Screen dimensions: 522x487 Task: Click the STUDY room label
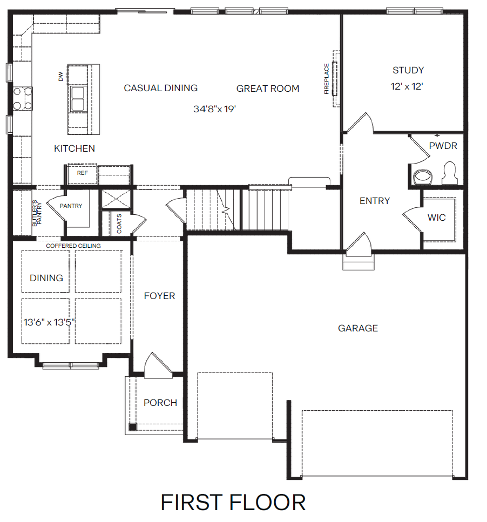[408, 70]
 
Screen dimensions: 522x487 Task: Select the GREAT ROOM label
[268, 89]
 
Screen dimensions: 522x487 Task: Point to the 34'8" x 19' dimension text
[215, 109]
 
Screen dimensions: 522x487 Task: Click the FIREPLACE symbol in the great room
[335, 78]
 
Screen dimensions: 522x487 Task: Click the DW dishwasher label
[61, 77]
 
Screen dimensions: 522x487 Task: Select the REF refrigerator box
[82, 174]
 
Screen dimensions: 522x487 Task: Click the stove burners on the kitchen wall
[22, 98]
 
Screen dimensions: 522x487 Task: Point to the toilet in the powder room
[449, 173]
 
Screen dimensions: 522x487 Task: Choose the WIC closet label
[436, 218]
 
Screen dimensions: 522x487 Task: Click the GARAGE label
[358, 328]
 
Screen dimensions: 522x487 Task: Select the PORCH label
[160, 403]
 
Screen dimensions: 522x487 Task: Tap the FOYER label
[159, 296]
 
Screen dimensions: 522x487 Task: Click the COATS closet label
[119, 224]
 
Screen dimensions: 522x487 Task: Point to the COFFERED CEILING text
[73, 246]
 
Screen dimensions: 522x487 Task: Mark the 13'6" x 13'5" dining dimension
[49, 323]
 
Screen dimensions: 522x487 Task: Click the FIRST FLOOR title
[233, 502]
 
